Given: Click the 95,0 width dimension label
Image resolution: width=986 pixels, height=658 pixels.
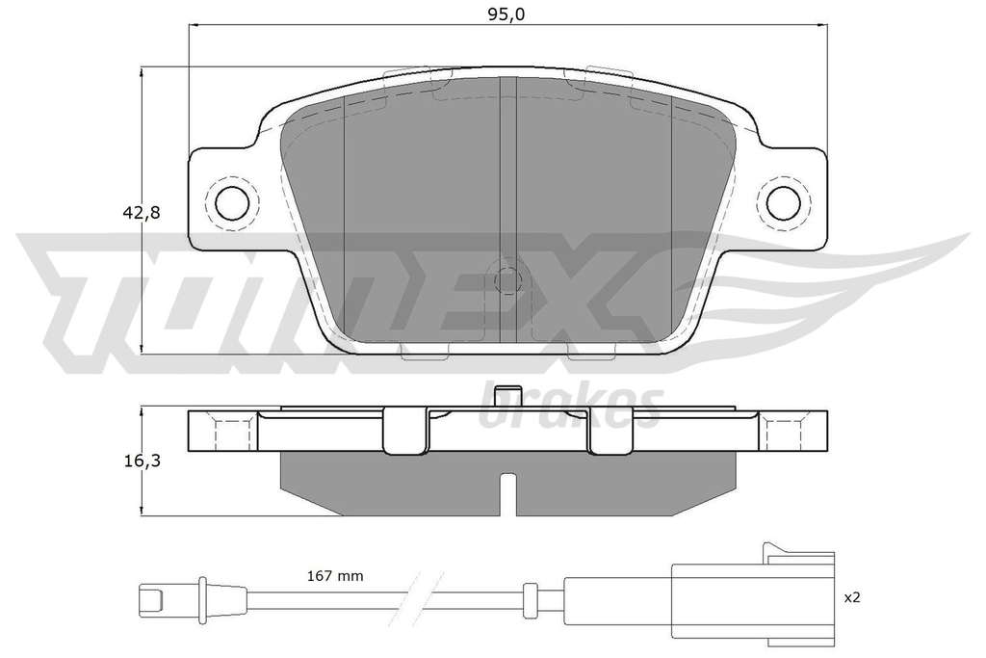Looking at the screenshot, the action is [x=506, y=14].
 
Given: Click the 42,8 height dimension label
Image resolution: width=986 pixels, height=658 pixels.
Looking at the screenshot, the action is [x=142, y=213].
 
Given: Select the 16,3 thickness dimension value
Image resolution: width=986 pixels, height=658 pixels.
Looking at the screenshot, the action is [x=142, y=461].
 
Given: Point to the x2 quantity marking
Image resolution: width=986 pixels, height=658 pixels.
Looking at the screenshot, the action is [x=851, y=597].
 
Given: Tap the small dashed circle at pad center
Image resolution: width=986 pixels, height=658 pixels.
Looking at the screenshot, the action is [x=507, y=280].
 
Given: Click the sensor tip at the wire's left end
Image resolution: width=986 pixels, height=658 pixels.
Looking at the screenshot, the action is [x=152, y=593].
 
